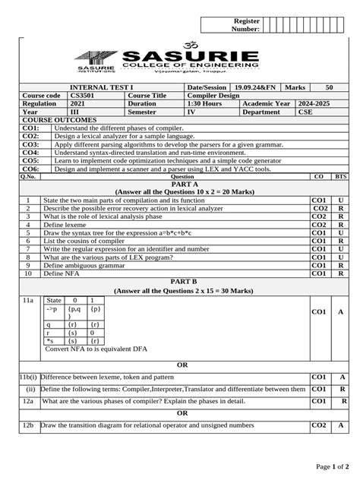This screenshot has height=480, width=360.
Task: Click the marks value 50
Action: coord(327,88)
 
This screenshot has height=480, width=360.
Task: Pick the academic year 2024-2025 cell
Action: coord(316,104)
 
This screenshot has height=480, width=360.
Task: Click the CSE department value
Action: coord(305,112)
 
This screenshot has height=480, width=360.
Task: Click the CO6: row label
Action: coord(30,169)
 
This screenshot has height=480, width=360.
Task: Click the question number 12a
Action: coord(28,401)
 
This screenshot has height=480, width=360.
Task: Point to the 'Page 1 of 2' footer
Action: coord(333,466)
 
